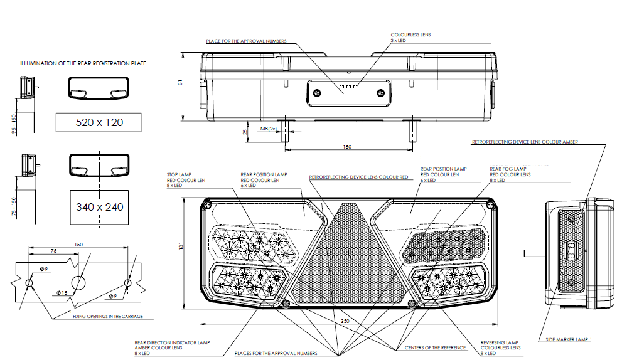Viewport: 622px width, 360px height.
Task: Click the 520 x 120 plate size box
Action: coord(99,122)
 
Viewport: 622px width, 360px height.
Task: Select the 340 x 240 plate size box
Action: coord(99,207)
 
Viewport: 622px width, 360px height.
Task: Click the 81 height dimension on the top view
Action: coord(182,84)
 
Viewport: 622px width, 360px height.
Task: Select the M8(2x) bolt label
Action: coord(269,129)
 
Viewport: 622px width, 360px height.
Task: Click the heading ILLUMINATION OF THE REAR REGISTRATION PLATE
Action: coord(83,63)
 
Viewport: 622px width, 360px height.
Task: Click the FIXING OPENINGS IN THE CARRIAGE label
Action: coord(107,316)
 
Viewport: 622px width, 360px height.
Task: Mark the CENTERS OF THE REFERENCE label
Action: coord(436,347)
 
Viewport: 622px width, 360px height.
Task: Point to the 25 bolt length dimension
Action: coord(245,132)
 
